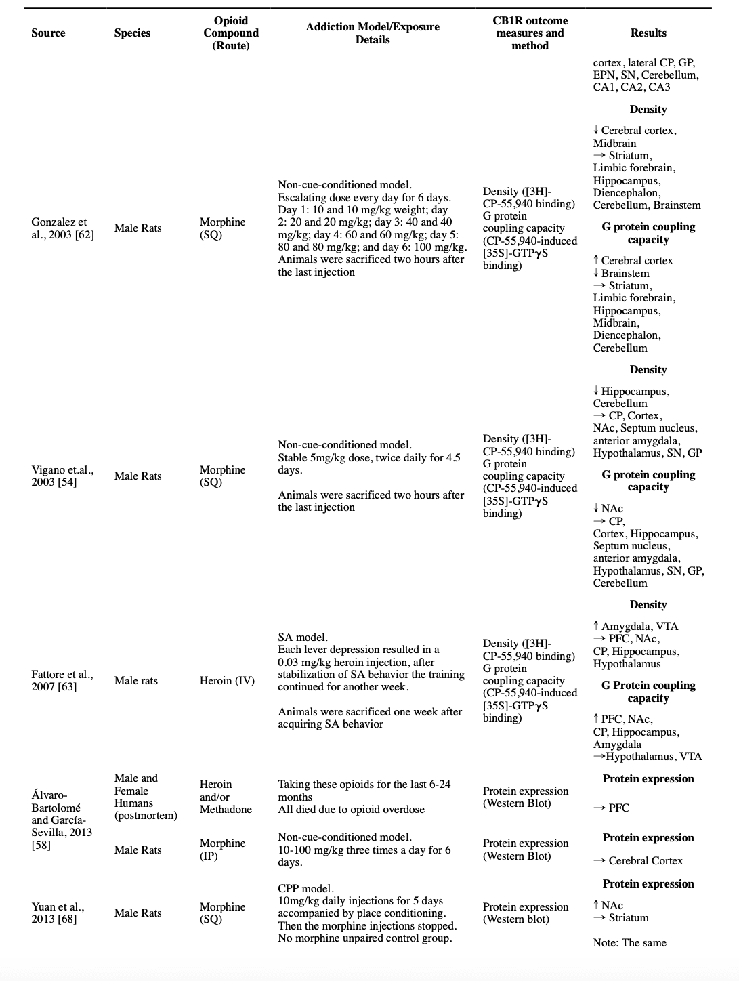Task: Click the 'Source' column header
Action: coord(48,33)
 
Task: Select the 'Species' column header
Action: coord(132,33)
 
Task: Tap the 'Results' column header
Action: coord(648,33)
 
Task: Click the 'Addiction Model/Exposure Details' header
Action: coord(372,33)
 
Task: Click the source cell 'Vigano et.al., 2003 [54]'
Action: coord(62,476)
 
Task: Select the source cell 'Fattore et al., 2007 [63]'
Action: coord(62,680)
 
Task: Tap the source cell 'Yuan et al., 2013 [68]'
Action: coord(58,913)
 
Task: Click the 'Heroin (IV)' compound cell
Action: coord(227,680)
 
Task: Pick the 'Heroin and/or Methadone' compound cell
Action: coord(226,797)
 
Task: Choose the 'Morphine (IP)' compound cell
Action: coord(222,850)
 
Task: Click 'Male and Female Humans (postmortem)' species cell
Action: coord(145,797)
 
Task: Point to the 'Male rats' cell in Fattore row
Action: coord(135,680)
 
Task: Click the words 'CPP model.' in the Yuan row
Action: coord(305,888)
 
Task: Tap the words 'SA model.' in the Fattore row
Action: coord(303,637)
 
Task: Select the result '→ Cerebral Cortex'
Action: coord(637,860)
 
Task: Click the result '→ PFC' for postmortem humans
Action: coord(611,808)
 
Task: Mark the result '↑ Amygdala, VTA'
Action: coord(635,626)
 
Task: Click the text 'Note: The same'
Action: coord(629,942)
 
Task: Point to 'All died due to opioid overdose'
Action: coord(351,810)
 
